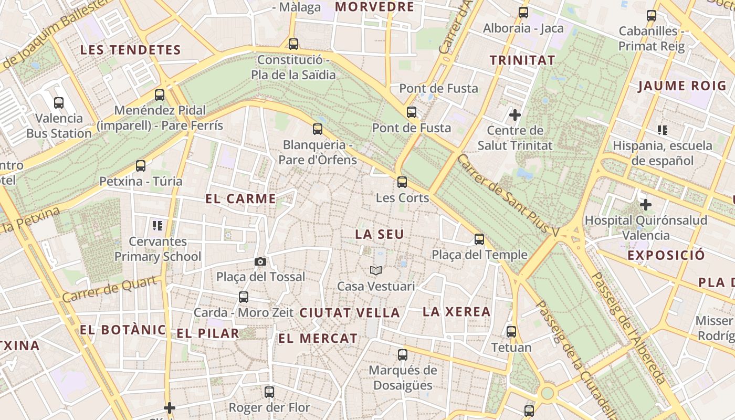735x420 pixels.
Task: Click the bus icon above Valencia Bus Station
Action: [x=59, y=103]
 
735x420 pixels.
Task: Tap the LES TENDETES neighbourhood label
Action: [x=130, y=50]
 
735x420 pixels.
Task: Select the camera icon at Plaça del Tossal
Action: [x=260, y=261]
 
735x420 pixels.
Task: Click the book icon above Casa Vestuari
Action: [x=376, y=271]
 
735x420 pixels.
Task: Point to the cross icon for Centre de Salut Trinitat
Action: [x=515, y=114]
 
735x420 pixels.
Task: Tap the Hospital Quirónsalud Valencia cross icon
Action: [x=646, y=205]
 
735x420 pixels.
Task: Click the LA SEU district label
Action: [x=380, y=235]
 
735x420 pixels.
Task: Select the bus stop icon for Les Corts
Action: [x=402, y=182]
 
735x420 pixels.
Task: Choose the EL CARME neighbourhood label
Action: [x=240, y=199]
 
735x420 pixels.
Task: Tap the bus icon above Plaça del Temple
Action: [x=479, y=239]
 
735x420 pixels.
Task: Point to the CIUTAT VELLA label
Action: [x=350, y=313]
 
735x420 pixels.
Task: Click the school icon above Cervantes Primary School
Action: [x=157, y=226]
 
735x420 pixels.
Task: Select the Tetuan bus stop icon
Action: [x=511, y=332]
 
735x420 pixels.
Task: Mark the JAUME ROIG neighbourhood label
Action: [x=682, y=86]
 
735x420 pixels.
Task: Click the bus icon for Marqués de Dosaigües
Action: [x=403, y=355]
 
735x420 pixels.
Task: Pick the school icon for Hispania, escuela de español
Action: [x=663, y=130]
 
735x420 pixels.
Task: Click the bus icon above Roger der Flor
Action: [x=269, y=392]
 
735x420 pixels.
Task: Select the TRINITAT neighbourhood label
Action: [x=522, y=60]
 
